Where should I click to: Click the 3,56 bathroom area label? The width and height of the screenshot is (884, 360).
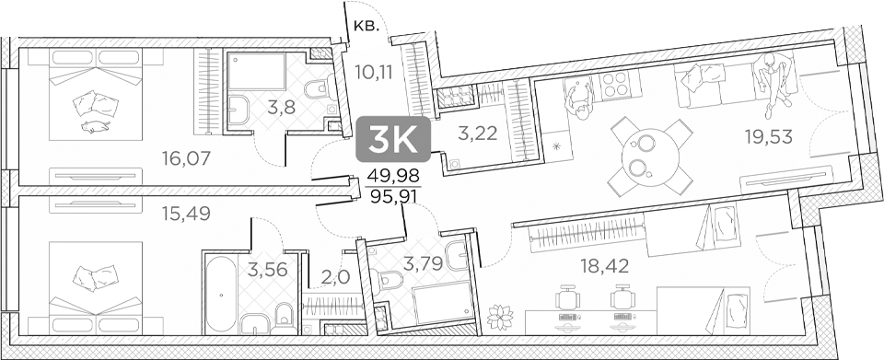[265, 270]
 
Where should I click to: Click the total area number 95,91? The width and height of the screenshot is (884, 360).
[391, 195]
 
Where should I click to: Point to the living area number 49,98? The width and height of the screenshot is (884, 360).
[391, 177]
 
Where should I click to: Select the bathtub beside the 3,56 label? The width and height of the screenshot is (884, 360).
[221, 295]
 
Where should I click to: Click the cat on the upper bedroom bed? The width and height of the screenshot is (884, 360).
[95, 124]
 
